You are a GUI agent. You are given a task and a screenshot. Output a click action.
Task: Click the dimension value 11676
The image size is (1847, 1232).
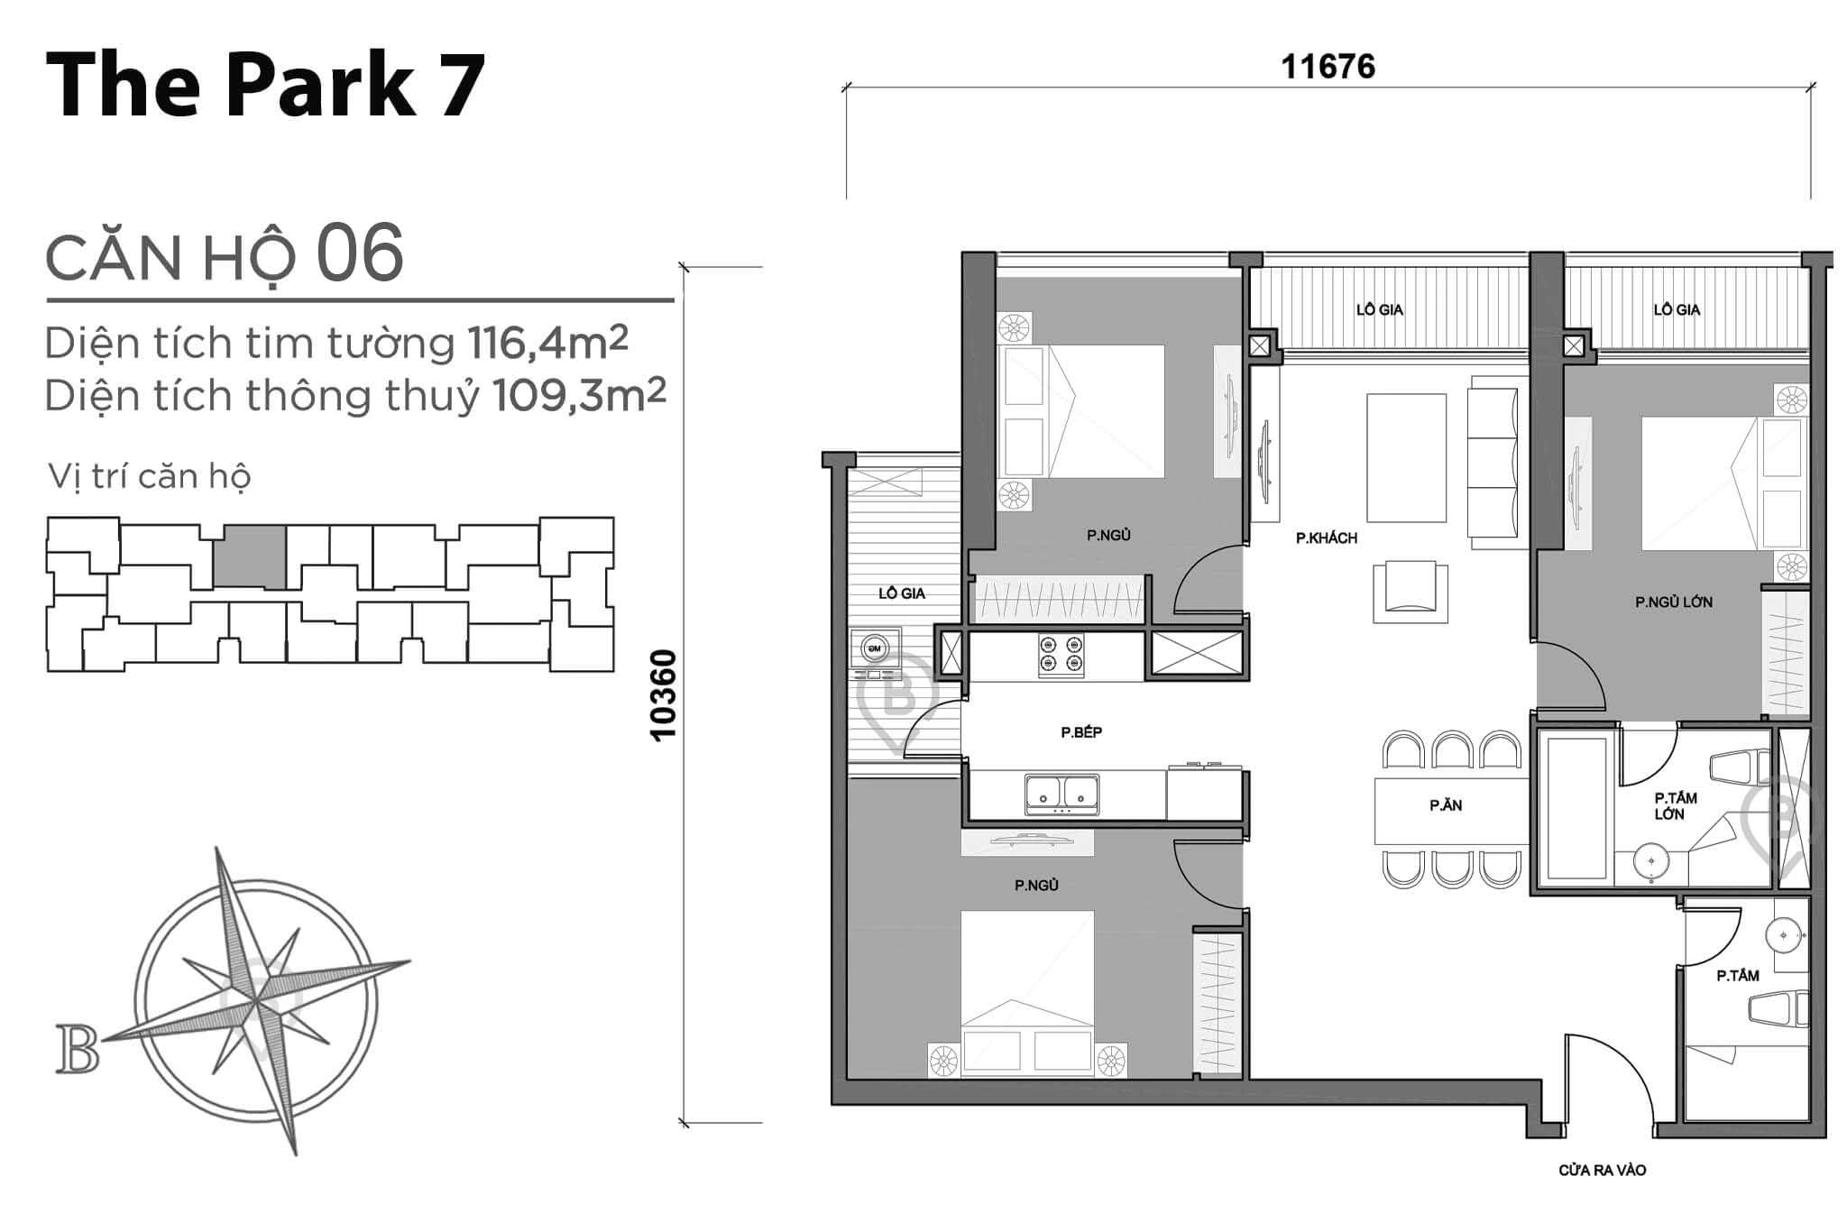(1328, 67)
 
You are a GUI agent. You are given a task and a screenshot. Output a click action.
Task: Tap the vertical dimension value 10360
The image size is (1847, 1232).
(664, 694)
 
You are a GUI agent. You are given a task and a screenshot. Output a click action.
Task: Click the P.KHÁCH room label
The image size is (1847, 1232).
(1326, 538)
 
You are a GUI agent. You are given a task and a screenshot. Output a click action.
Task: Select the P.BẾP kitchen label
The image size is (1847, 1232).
(1080, 732)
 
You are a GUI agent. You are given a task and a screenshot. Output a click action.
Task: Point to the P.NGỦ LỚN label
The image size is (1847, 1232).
(1673, 602)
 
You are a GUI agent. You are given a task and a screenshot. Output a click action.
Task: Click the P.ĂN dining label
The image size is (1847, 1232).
(1445, 805)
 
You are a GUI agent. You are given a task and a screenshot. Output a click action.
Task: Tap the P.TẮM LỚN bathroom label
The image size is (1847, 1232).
(1675, 805)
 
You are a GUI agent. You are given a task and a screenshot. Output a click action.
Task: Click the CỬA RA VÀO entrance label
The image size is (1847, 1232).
(1602, 1171)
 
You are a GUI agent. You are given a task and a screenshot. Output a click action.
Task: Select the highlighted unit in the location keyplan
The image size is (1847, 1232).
(250, 557)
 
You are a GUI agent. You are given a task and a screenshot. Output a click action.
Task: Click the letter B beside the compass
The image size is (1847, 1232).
(78, 1049)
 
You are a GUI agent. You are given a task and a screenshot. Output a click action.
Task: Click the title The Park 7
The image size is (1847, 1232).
(265, 85)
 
